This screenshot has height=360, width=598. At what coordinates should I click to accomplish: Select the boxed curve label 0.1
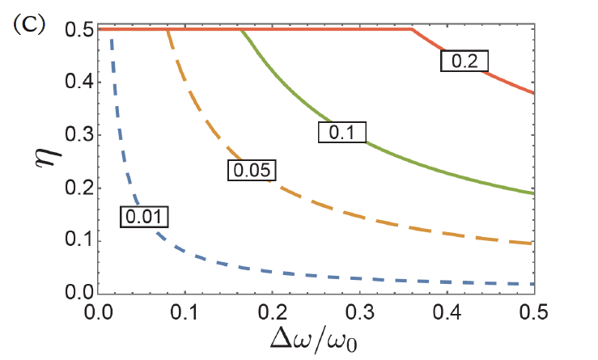coord(343,132)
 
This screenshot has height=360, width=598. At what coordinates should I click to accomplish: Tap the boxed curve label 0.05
coord(251,169)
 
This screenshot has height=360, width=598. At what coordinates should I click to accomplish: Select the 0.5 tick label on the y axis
coord(75,29)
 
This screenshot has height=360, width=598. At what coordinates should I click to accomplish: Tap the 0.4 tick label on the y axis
coord(75,83)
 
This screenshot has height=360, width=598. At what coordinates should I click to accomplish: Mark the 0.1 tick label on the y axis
coord(75,241)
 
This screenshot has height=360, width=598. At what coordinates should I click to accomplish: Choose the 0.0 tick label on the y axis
coord(75,294)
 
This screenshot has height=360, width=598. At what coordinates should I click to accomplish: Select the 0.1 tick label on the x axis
coord(185,311)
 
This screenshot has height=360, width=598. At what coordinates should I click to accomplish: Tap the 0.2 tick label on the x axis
coord(273,311)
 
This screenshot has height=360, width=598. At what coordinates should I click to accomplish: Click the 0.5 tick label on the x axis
coord(532,311)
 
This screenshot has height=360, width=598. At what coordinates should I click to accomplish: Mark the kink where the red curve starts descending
coord(411,29)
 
